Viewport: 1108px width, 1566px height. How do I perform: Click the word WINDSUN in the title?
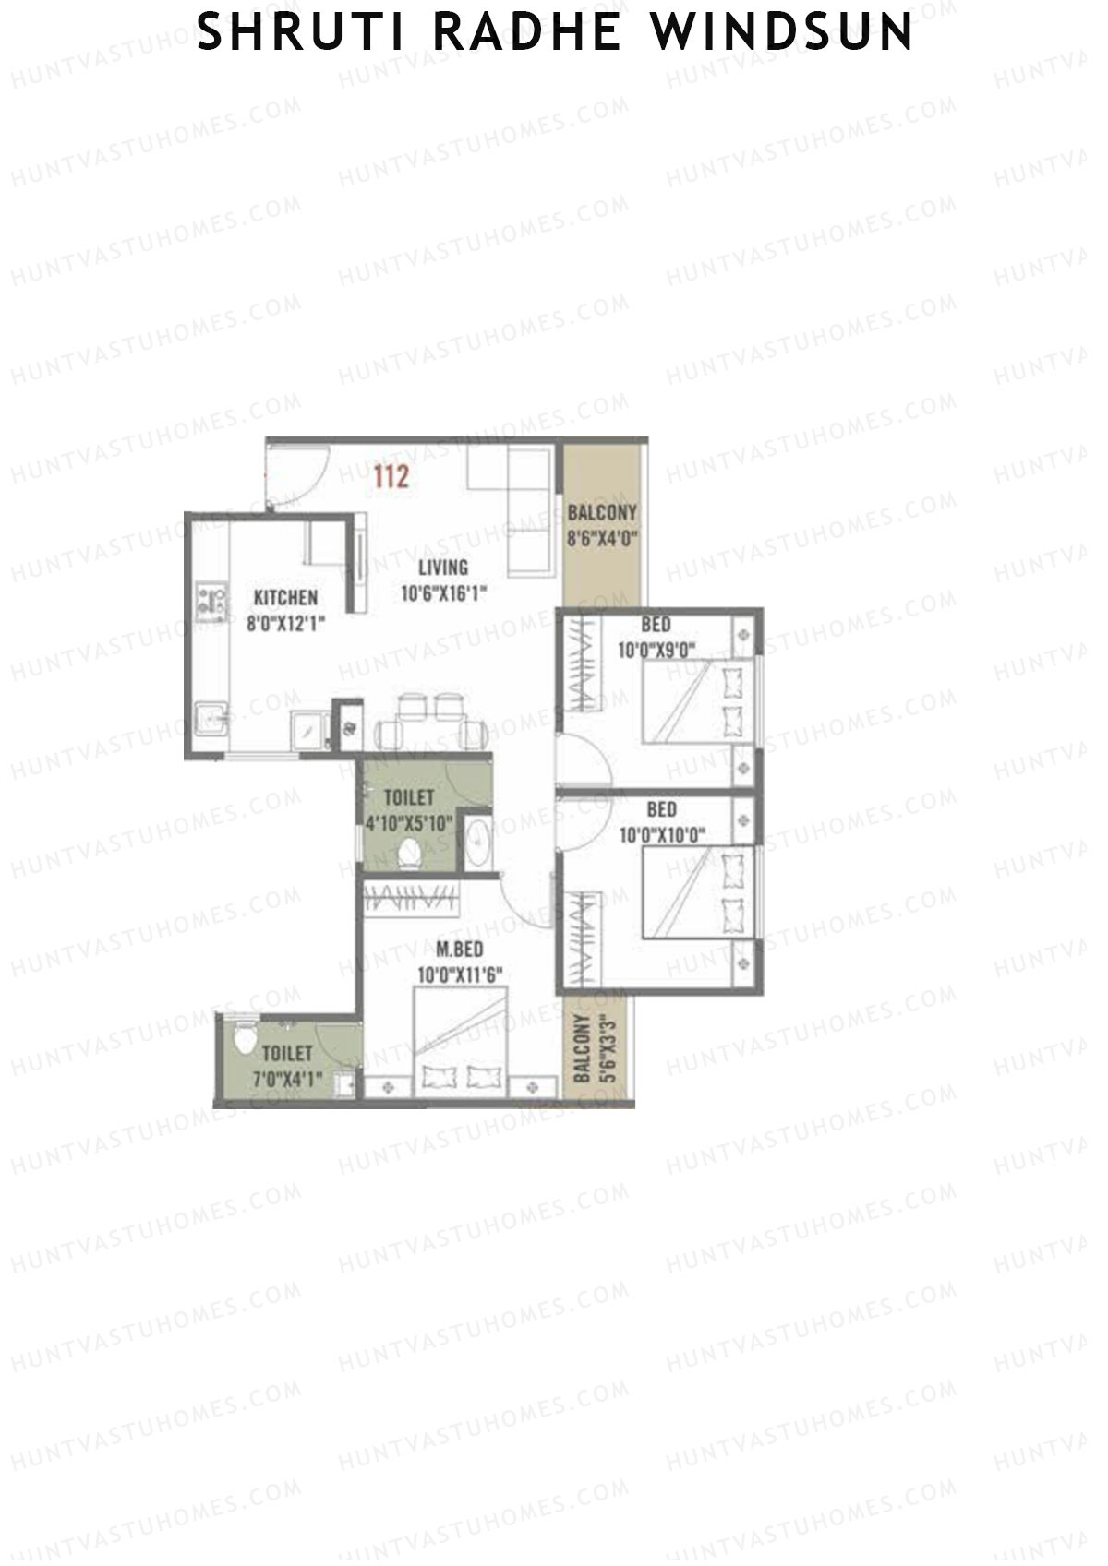tap(781, 32)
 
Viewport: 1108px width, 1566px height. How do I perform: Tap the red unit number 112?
tap(391, 477)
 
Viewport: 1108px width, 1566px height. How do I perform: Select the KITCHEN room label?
tap(285, 598)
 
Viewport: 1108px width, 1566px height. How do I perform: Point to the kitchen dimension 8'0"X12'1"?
tap(285, 624)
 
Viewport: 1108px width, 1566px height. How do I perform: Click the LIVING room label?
tap(442, 568)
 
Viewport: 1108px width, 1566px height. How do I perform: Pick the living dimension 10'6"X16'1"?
tap(443, 593)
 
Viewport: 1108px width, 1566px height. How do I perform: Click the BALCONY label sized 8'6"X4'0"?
tap(602, 513)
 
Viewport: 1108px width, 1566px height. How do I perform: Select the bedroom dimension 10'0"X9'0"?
tap(656, 650)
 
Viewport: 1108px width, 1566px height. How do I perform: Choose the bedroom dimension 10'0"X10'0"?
tap(661, 835)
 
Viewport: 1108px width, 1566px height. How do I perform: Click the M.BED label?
tap(459, 950)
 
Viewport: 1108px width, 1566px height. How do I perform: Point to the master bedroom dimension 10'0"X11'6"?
tap(459, 974)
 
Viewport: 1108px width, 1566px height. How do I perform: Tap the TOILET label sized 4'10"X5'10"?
tap(408, 797)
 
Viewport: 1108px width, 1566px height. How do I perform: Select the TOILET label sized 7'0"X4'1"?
tap(287, 1053)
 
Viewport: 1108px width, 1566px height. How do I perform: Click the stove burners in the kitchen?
tap(212, 600)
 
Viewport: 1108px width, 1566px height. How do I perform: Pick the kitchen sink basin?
tap(211, 717)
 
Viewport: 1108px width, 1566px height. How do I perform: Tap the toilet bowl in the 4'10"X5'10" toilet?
tap(409, 855)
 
